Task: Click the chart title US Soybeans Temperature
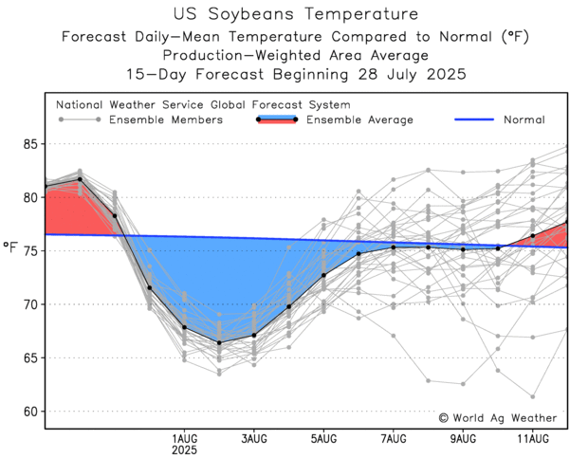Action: point(295,14)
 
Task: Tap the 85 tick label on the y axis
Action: point(30,144)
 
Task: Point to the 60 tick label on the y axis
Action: point(30,412)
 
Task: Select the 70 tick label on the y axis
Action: point(30,304)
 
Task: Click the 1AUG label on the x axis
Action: point(185,438)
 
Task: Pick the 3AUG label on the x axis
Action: point(254,438)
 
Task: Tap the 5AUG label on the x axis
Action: point(323,438)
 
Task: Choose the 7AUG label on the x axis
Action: point(394,438)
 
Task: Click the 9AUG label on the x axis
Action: point(463,438)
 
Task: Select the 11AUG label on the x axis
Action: point(533,438)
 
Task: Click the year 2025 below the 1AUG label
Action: point(185,450)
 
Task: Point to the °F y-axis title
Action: point(10,249)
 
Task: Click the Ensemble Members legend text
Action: point(166,119)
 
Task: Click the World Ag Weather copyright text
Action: point(498,417)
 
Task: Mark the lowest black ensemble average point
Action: point(219,342)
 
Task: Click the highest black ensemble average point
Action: point(80,179)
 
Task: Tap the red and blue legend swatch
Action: point(277,119)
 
